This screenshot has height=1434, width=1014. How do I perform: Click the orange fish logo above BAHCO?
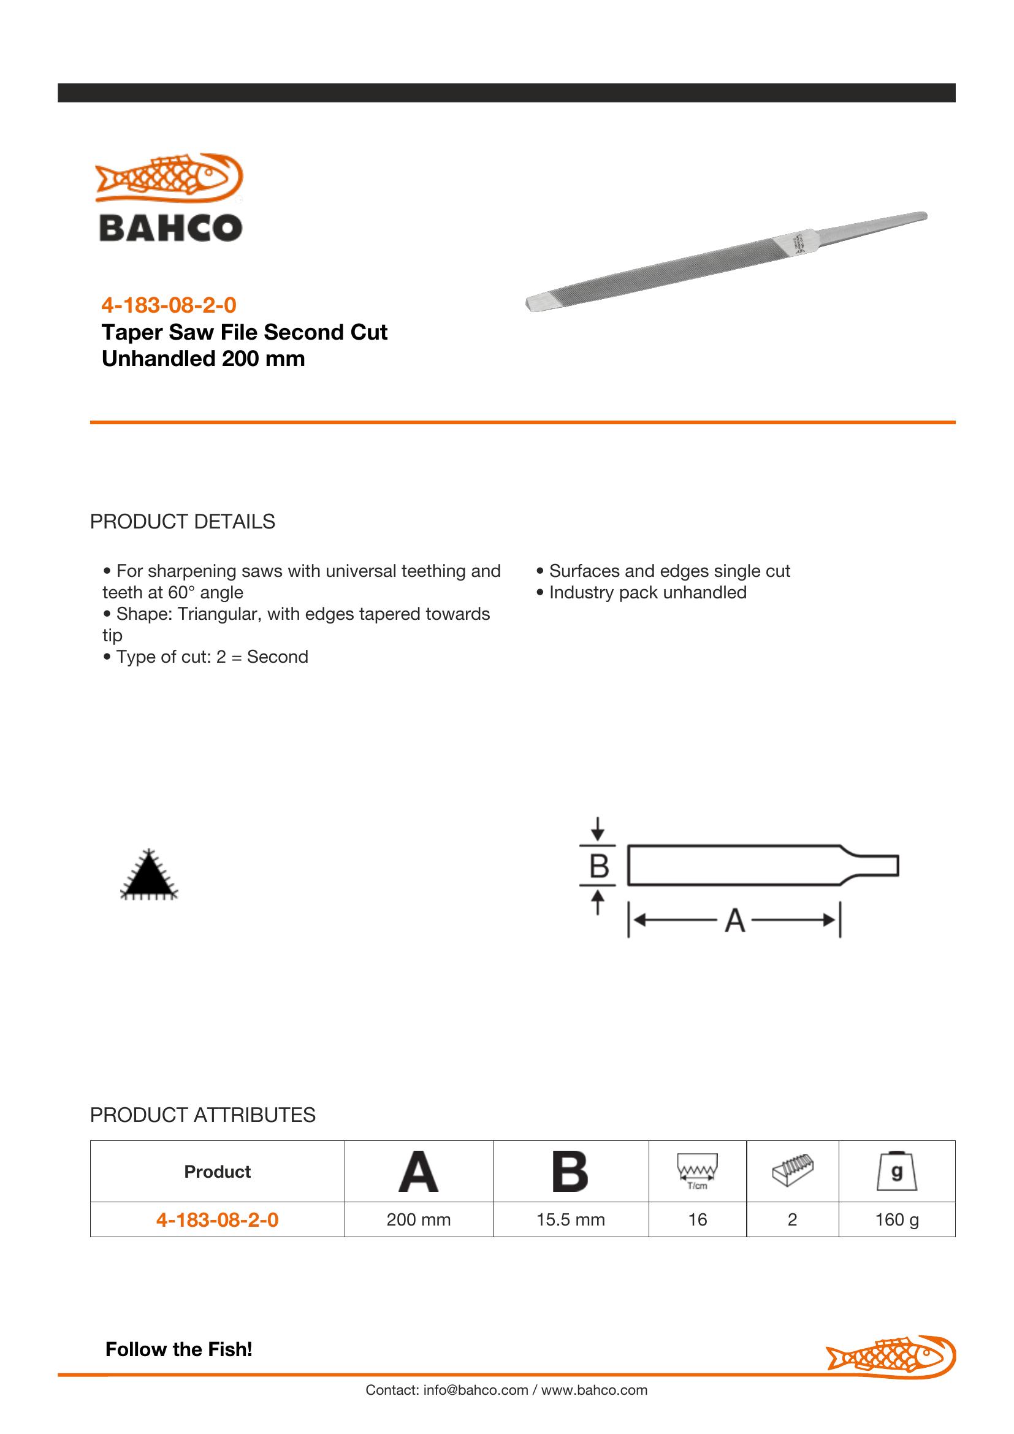pyautogui.click(x=169, y=177)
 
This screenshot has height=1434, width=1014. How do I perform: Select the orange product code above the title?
pyautogui.click(x=169, y=305)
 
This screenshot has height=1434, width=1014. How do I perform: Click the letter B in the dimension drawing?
pyautogui.click(x=599, y=866)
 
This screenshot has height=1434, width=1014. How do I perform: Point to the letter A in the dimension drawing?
pyautogui.click(x=735, y=921)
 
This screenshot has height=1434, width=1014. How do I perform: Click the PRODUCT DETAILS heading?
pyautogui.click(x=182, y=522)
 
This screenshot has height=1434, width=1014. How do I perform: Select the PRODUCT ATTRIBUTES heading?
pyautogui.click(x=202, y=1115)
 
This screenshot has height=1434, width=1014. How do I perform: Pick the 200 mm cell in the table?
pyautogui.click(x=418, y=1219)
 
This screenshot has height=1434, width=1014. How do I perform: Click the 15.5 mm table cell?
pyautogui.click(x=571, y=1219)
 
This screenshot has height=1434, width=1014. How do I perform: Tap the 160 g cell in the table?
pyautogui.click(x=897, y=1219)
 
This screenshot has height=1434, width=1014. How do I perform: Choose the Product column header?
pyautogui.click(x=217, y=1171)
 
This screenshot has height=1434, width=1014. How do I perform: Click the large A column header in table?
pyautogui.click(x=418, y=1171)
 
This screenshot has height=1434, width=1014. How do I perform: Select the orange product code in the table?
pyautogui.click(x=217, y=1219)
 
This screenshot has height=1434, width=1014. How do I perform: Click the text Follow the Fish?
pyautogui.click(x=178, y=1349)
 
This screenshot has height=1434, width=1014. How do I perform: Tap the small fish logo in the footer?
pyautogui.click(x=891, y=1357)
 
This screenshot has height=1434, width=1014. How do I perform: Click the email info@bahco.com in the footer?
pyautogui.click(x=475, y=1390)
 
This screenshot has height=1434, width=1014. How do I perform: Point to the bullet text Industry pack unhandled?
pyautogui.click(x=647, y=592)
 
